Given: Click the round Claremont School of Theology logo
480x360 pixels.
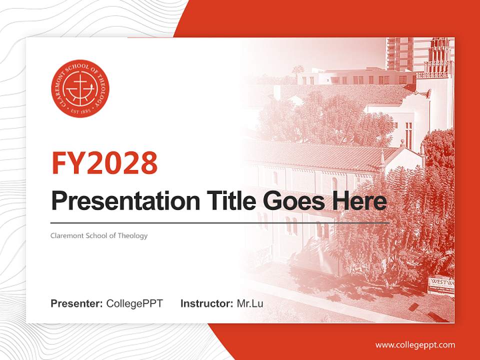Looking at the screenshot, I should pyautogui.click(x=80, y=88).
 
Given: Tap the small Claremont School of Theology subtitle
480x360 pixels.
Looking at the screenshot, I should pyautogui.click(x=99, y=235).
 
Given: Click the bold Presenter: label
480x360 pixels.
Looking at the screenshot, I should pyautogui.click(x=77, y=303).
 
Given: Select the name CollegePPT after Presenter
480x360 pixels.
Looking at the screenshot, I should pyautogui.click(x=134, y=303).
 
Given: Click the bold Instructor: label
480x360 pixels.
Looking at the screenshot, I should pyautogui.click(x=206, y=303).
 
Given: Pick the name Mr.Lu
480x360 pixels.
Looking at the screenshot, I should pyautogui.click(x=250, y=303).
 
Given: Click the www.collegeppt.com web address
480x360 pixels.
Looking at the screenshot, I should pyautogui.click(x=415, y=345).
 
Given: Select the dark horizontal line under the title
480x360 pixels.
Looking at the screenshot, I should pyautogui.click(x=220, y=223).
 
